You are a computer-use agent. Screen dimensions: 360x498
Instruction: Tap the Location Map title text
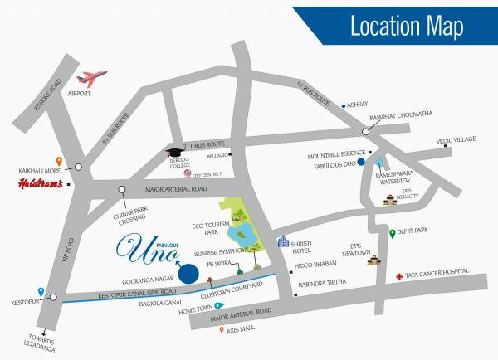(406, 26)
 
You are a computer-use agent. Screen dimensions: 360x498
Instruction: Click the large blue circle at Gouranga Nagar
(189, 272)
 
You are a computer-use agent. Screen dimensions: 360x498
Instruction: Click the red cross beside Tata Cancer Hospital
(399, 275)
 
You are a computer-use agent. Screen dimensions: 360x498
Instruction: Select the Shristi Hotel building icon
(283, 241)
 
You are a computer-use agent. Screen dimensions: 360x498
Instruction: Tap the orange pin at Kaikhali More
(58, 161)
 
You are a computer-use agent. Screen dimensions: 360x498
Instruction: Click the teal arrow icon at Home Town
(218, 304)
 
